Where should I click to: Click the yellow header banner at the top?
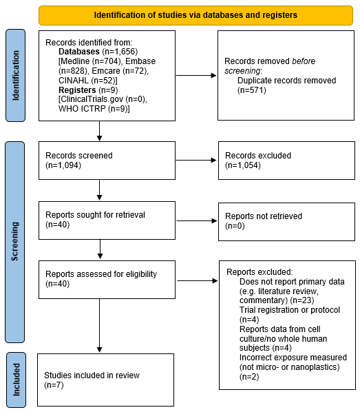tap(195, 15)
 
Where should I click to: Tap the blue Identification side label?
tap(16, 75)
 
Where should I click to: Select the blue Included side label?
tap(16, 380)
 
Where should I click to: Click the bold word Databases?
tap(79, 52)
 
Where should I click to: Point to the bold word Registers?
tap(77, 90)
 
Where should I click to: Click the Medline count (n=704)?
tap(107, 61)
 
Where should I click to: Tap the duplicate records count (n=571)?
tap(252, 90)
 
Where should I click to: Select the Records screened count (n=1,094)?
tap(63, 165)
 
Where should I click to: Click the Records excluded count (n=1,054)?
tap(243, 165)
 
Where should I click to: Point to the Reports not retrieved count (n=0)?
tap(235, 226)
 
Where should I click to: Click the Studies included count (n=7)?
tap(54, 385)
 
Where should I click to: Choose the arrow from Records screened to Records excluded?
tap(196, 160)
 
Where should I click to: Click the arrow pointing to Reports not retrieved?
tap(197, 220)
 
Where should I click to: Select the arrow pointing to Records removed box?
tap(196, 75)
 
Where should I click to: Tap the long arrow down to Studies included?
tap(100, 326)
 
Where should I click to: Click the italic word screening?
tap(242, 71)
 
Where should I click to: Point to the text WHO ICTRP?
tap(82, 109)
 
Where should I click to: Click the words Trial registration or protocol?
tap(290, 310)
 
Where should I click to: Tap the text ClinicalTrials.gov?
tap(91, 99)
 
